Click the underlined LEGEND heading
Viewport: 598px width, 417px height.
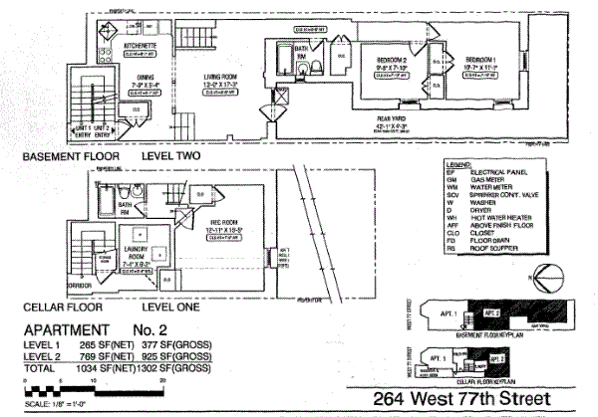pos(457,162)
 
